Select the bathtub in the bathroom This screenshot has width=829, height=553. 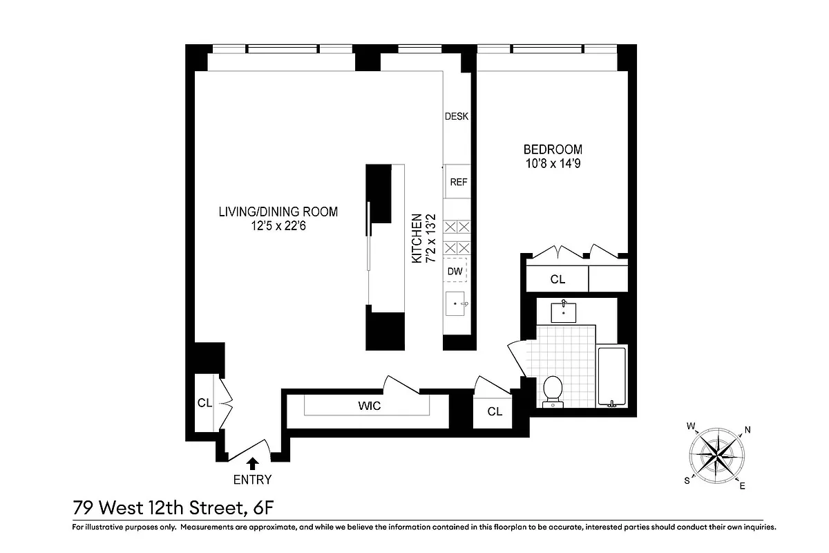(x=611, y=377)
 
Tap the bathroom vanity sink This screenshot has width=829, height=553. (x=566, y=312)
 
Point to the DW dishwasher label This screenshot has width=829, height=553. (x=455, y=271)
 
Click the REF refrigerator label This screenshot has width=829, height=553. (x=458, y=182)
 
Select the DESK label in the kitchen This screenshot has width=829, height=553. (x=456, y=116)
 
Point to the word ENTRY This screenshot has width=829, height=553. (x=252, y=480)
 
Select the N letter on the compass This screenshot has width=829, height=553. (x=747, y=430)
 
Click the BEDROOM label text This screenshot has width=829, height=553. (x=552, y=149)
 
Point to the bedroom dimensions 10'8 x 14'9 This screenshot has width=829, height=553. (x=552, y=164)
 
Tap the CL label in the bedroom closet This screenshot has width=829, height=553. (x=558, y=279)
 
